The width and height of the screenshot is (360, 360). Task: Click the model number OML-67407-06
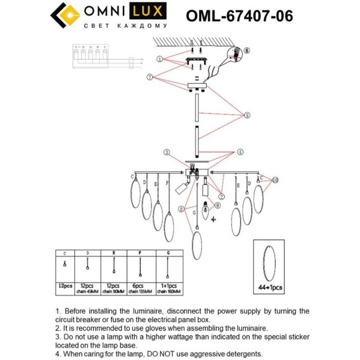coord(240,15)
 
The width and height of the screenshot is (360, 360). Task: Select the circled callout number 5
coord(246,115)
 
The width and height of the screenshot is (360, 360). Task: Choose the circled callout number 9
coord(217,205)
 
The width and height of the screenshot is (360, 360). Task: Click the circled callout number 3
coord(166,152)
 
